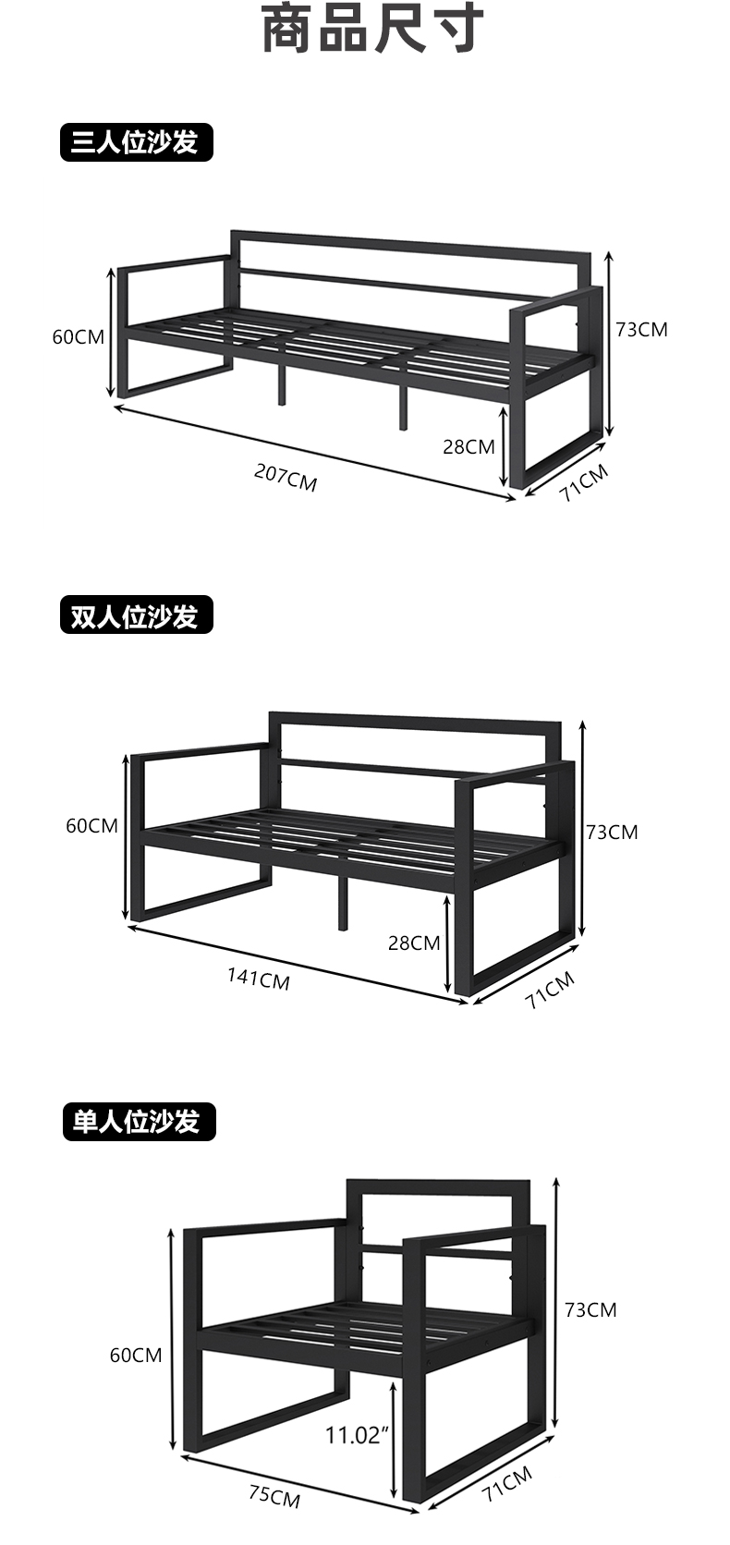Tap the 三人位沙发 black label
[136, 142]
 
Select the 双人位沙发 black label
[136, 615]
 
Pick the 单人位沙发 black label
[138, 1122]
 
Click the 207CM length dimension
[286, 479]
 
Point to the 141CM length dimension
[259, 978]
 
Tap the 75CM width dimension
[274, 1495]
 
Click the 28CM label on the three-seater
[468, 447]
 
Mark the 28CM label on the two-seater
[413, 943]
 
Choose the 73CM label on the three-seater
[641, 330]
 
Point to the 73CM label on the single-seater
[590, 1309]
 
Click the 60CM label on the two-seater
[91, 825]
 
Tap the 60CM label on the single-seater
[135, 1356]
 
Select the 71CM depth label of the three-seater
[584, 483]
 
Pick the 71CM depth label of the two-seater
[550, 990]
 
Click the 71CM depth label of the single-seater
[507, 1489]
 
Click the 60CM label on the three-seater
[78, 337]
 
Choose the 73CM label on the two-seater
[612, 833]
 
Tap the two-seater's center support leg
[344, 902]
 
